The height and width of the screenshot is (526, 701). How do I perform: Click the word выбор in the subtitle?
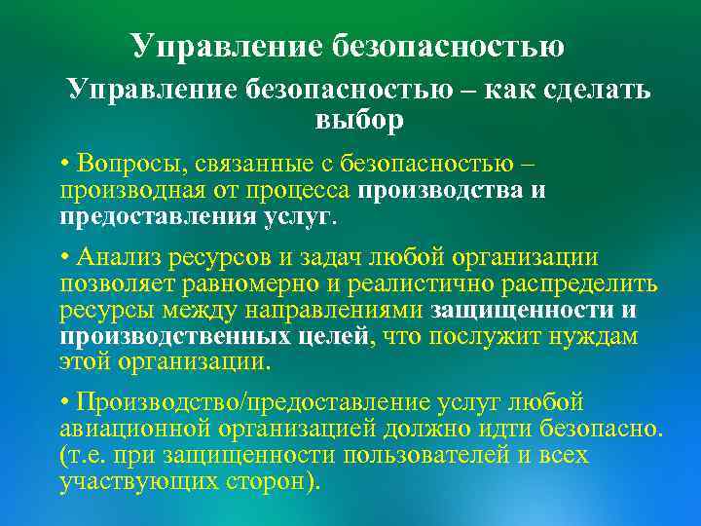tap(358, 121)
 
